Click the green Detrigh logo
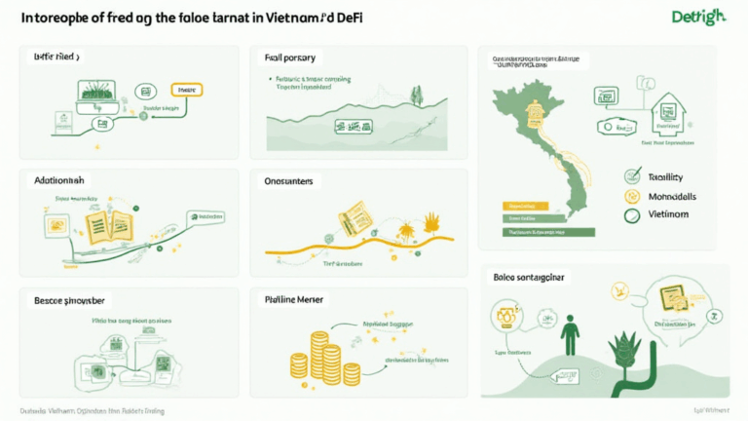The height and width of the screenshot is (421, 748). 699,18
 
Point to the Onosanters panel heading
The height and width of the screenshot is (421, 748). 293,181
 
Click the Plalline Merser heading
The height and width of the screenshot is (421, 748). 294,300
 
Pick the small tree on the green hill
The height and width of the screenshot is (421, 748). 417,96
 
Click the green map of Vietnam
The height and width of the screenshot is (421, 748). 542,146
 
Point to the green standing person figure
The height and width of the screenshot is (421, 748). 570,331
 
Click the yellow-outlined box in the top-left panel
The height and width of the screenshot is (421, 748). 186,90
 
